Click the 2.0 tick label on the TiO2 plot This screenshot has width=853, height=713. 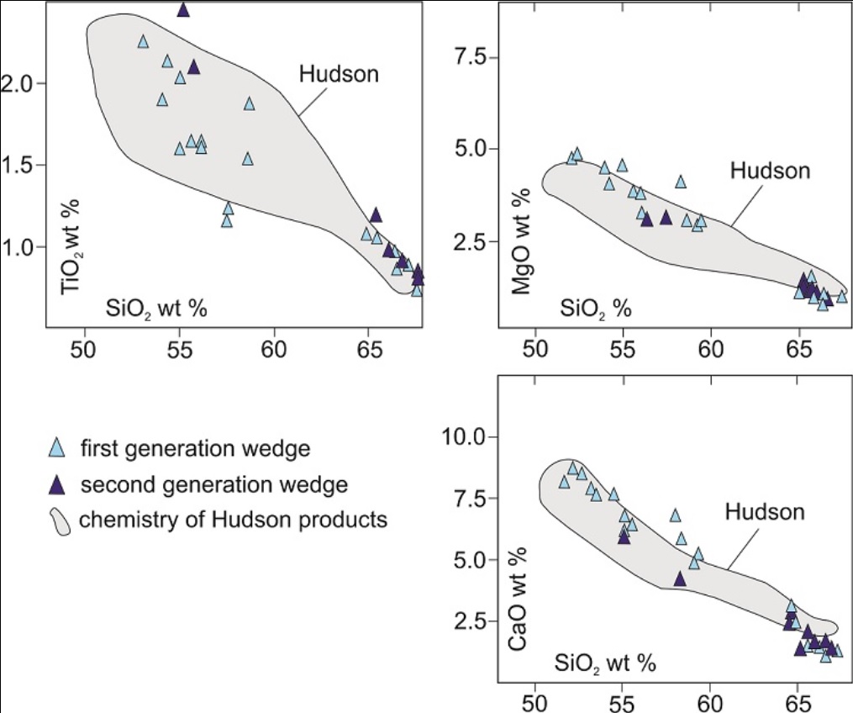[x=18, y=84]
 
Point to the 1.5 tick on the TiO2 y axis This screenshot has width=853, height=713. [x=18, y=166]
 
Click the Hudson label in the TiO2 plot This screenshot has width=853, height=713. [x=339, y=74]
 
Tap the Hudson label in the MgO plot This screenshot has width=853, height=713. [x=770, y=171]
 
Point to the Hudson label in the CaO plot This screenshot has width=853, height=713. [x=765, y=511]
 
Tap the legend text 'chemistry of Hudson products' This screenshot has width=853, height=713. [x=233, y=520]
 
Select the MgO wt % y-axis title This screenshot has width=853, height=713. [x=521, y=244]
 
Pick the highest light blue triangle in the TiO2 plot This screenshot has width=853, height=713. [x=143, y=41]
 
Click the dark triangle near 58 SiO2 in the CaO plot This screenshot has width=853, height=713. [x=680, y=579]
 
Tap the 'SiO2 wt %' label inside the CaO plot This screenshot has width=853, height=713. [x=604, y=663]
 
